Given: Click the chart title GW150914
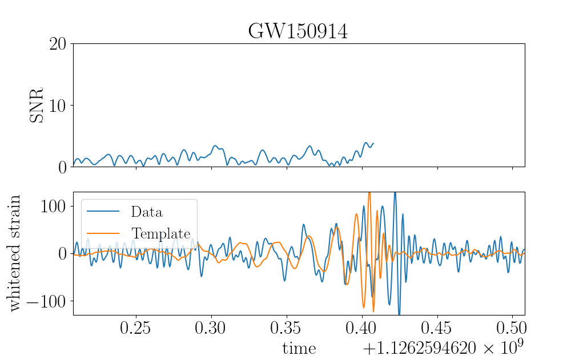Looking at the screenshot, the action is pyautogui.click(x=298, y=31).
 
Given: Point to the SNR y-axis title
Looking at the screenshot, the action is pyautogui.click(x=37, y=105).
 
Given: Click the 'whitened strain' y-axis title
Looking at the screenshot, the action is pyautogui.click(x=14, y=253).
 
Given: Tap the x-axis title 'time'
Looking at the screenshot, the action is pyautogui.click(x=299, y=349).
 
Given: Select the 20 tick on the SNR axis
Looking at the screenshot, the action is pyautogui.click(x=58, y=44).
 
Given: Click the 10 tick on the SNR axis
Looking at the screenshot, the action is pyautogui.click(x=58, y=106).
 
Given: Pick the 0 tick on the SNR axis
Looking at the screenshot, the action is pyautogui.click(x=62, y=168).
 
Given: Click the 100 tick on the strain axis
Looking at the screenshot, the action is pyautogui.click(x=53, y=206).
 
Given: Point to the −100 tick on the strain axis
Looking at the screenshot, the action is pyautogui.click(x=46, y=301).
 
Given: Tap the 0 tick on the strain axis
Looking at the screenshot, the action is pyautogui.click(x=62, y=254).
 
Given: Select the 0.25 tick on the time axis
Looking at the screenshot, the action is pyautogui.click(x=135, y=328).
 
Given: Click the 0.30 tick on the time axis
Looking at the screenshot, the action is pyautogui.click(x=211, y=328).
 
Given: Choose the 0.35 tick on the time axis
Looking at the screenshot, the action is pyautogui.click(x=286, y=328).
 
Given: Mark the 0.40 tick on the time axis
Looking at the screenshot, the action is pyautogui.click(x=362, y=328).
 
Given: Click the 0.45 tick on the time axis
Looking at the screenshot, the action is pyautogui.click(x=437, y=328).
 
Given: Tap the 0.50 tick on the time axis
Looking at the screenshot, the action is pyautogui.click(x=512, y=328).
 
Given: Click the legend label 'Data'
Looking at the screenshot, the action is pyautogui.click(x=147, y=212).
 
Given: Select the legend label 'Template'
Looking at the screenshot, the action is pyautogui.click(x=161, y=234).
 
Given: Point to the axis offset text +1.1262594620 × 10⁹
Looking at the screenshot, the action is pyautogui.click(x=443, y=347).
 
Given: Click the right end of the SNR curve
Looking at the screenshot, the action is pyautogui.click(x=373, y=143).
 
